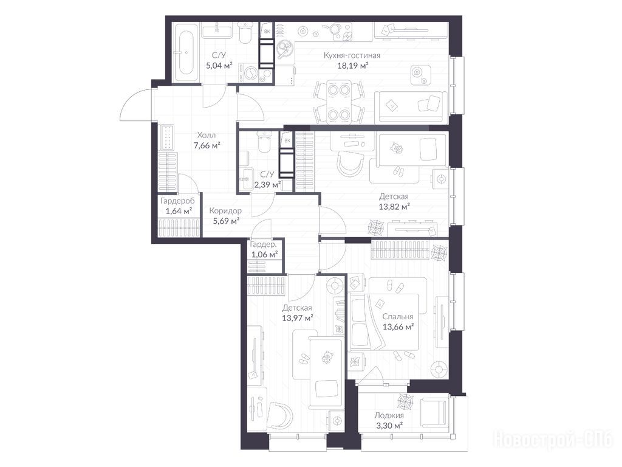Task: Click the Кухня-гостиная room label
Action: point(352,55)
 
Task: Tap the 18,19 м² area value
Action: point(353,66)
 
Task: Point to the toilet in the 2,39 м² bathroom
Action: point(262,142)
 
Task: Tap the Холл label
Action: point(207,136)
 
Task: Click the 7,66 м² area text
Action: point(207,145)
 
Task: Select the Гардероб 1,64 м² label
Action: point(178,206)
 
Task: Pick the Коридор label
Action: point(225,211)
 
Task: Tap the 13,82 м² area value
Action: point(394,207)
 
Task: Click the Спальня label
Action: point(398,316)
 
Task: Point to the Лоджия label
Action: point(389,415)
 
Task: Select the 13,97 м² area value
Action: point(298,317)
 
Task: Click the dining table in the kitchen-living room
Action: point(339,102)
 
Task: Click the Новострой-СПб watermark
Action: point(553,440)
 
